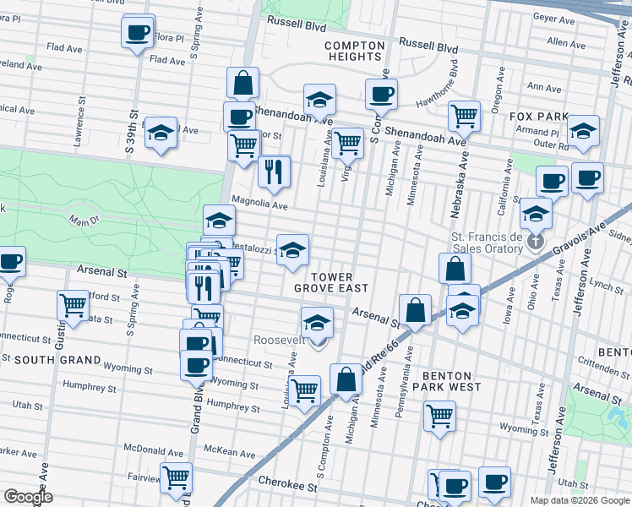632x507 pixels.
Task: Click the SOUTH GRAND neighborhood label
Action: click(46, 360)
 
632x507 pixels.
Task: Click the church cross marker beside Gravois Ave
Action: click(535, 244)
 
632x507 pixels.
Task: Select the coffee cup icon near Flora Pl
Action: click(138, 33)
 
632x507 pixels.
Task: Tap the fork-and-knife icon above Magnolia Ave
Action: click(273, 172)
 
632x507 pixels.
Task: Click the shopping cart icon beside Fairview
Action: click(176, 477)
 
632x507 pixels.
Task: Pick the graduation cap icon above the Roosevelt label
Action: click(317, 323)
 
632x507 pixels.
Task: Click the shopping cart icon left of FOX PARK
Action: click(463, 115)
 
